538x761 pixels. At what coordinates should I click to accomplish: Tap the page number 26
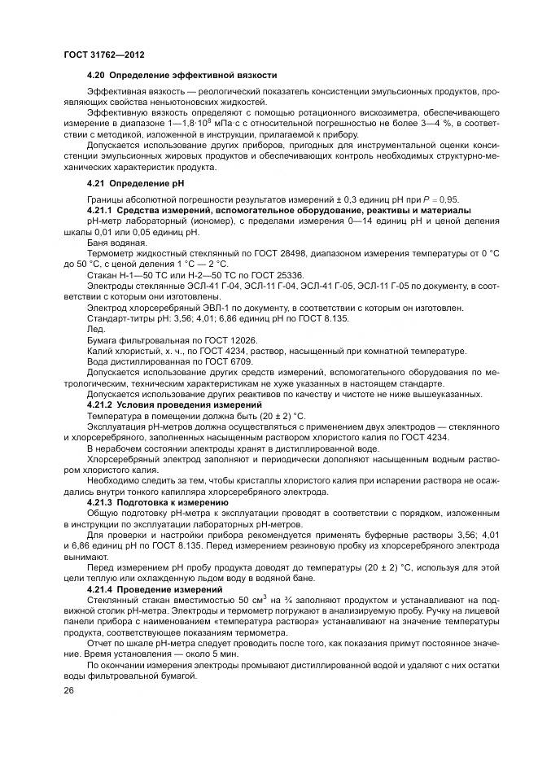point(68,690)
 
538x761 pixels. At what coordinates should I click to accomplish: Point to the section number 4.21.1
point(101,210)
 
